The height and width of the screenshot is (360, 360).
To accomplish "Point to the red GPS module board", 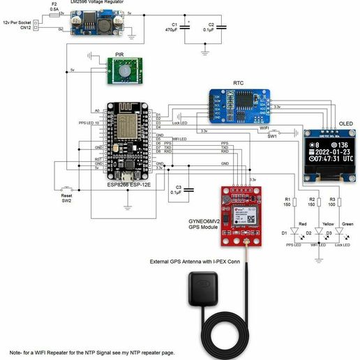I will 240,213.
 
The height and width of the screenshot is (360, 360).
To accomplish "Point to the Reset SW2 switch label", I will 66,199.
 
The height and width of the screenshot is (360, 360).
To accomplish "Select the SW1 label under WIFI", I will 272,137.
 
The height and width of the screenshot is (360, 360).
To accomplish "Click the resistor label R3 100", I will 333,202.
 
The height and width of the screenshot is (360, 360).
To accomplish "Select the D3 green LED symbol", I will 340,232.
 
